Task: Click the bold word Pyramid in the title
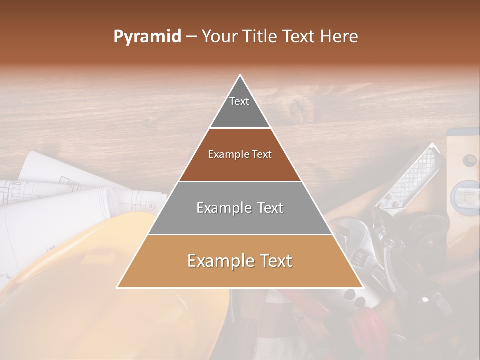coord(147,37)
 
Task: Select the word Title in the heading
coord(262,37)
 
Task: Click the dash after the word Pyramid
coord(191,37)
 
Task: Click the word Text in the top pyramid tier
coord(239,101)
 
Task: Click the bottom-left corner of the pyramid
coord(117,288)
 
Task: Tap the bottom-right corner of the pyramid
coord(363,288)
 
